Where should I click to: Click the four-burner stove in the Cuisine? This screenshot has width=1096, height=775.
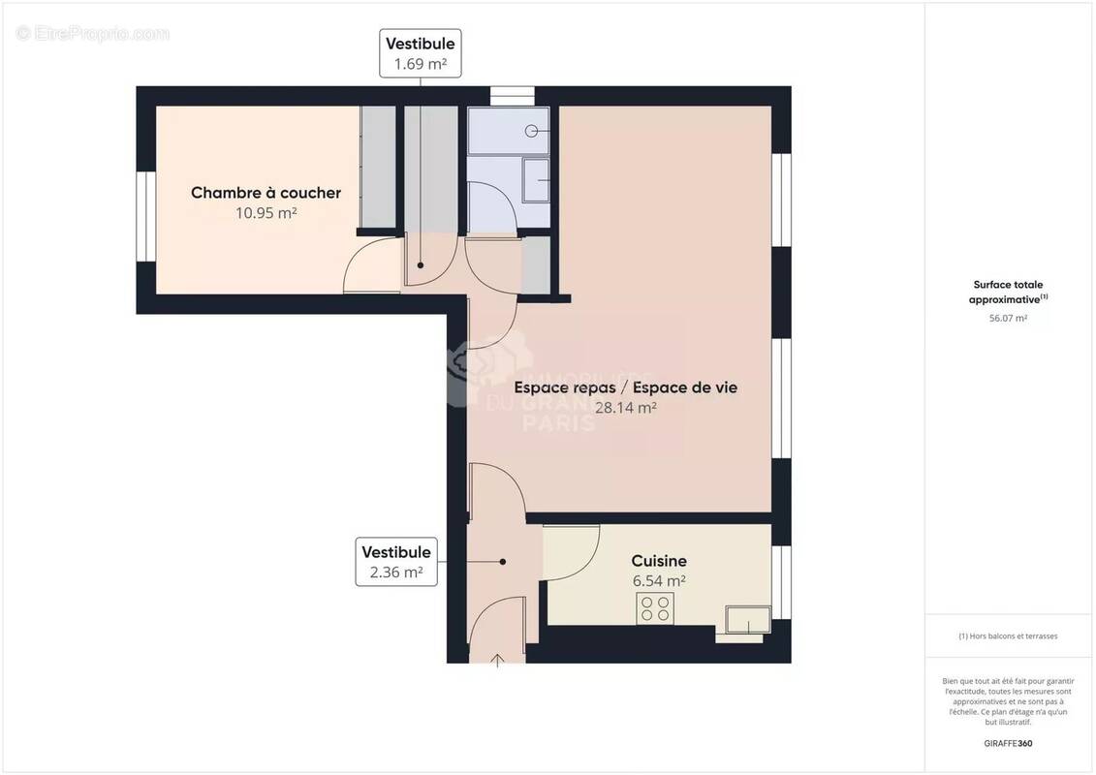(655, 608)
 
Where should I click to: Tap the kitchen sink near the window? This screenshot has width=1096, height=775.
(748, 620)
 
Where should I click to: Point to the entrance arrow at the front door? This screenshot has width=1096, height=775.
(498, 660)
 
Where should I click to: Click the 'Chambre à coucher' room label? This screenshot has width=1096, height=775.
(266, 193)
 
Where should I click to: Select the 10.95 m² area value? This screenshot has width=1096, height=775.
(266, 213)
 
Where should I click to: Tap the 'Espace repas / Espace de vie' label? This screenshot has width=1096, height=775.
(625, 387)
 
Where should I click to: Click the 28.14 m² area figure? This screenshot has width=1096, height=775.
(625, 408)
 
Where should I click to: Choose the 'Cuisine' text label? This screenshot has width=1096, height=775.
(659, 561)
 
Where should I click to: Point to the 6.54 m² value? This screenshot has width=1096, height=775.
(659, 581)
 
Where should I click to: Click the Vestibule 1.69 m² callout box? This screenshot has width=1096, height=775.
(421, 53)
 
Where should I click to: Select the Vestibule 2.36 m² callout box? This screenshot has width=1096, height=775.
(395, 562)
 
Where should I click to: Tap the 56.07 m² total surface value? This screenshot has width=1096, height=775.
(1008, 318)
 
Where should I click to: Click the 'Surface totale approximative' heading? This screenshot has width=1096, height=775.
(1008, 292)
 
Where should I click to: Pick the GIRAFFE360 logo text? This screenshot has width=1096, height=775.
(1008, 744)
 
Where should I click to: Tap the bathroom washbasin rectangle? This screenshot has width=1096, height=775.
(536, 180)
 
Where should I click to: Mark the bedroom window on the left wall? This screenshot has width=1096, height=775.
(142, 216)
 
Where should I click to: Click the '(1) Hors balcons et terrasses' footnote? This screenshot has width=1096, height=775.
(1008, 636)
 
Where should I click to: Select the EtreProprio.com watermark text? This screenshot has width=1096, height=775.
(93, 34)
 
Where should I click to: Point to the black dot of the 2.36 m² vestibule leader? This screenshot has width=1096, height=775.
(502, 561)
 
